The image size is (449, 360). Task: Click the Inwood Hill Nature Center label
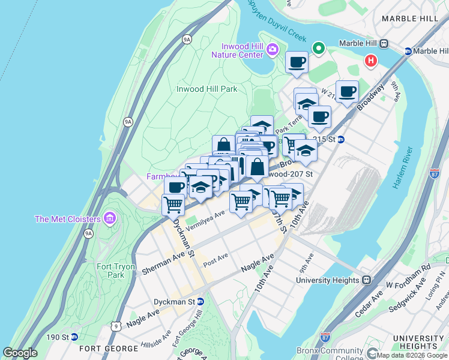237,50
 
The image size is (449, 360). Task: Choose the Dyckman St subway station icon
200,302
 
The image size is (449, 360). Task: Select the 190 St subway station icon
74,337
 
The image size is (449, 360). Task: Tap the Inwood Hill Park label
206,89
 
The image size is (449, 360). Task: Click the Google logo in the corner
20,353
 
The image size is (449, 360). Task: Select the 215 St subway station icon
340,140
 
